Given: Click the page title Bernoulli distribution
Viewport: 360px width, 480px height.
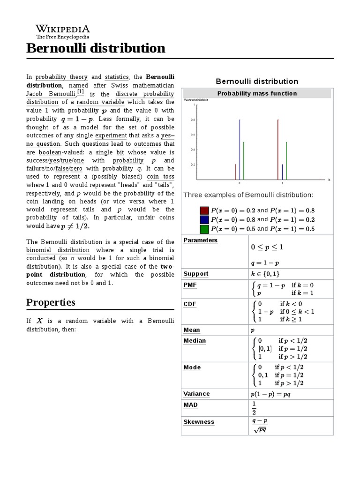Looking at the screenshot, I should click(x=96, y=48).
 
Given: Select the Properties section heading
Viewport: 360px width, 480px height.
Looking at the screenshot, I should click(x=51, y=302).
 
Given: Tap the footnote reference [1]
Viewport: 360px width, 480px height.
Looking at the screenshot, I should click(x=80, y=93).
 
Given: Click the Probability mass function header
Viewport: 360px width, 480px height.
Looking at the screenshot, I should click(x=257, y=93).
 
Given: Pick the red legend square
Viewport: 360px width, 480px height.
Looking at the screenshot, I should click(x=204, y=210).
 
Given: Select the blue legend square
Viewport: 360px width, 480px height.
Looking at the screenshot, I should click(x=204, y=220).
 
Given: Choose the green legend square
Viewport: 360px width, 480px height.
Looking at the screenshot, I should click(x=204, y=229).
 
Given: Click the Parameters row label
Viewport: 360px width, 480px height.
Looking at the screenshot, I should click(x=200, y=240).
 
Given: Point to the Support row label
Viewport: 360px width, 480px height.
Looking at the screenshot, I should click(x=196, y=274).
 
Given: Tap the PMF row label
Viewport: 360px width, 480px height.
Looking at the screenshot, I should click(x=190, y=285).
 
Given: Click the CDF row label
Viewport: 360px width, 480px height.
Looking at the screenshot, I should click(x=190, y=304).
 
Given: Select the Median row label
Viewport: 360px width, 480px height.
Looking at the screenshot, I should click(x=195, y=341).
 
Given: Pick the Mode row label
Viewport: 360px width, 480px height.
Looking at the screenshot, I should click(x=192, y=367).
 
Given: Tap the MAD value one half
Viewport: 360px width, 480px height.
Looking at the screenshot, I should click(x=254, y=408).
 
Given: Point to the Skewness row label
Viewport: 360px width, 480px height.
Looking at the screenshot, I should click(x=199, y=422).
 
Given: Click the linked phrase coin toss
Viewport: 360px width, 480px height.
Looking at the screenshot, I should click(x=160, y=177).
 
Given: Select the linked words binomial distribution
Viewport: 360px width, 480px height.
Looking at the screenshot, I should click(x=58, y=250).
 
